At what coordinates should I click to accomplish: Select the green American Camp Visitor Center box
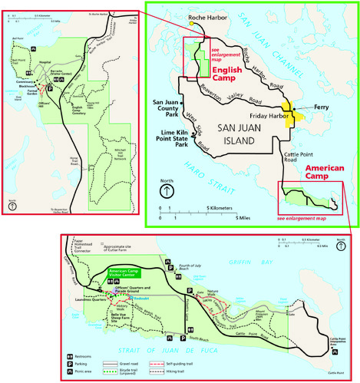pos(128,273)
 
